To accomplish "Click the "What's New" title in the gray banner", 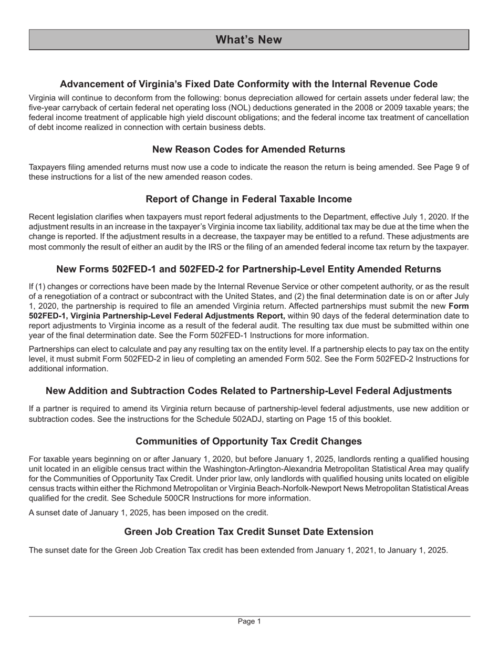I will [248, 40].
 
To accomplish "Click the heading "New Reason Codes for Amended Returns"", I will [248, 149].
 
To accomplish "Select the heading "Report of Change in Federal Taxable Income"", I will [248, 199].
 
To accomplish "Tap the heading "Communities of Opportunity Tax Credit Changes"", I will [248, 441].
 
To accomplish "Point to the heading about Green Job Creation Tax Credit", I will [248, 532].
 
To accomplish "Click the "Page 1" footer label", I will [249, 621].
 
